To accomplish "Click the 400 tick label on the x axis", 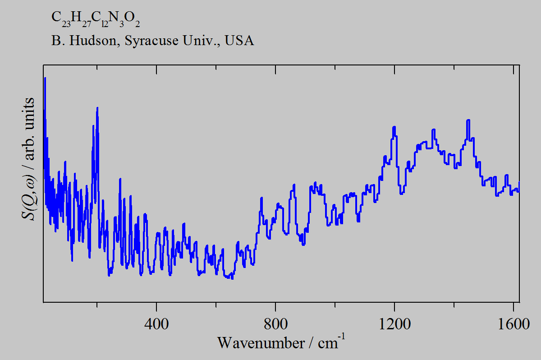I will (x=156, y=324).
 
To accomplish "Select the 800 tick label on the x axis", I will (x=275, y=324).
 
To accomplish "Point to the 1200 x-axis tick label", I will (x=394, y=324).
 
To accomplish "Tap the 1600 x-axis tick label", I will (x=513, y=324).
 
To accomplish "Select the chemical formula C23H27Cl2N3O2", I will (x=92, y=18).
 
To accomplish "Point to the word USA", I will (x=239, y=41).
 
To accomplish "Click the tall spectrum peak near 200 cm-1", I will (x=97, y=108).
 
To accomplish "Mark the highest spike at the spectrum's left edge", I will (x=45, y=78).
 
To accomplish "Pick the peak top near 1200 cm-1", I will (x=394, y=127).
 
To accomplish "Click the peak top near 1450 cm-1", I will (x=468, y=120).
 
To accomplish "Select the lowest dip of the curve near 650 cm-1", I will (x=232, y=278).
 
